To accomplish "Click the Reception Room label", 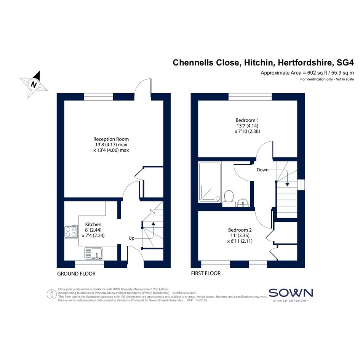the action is pyautogui.click(x=111, y=139).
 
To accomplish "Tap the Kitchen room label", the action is pyautogui.click(x=93, y=224).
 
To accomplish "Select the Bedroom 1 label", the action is pyautogui.click(x=247, y=120).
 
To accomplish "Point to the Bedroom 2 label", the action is pyautogui.click(x=240, y=230).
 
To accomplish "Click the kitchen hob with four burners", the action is pyautogui.click(x=71, y=232).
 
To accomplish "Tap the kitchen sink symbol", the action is pyautogui.click(x=94, y=253).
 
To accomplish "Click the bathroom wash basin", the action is pyautogui.click(x=243, y=203).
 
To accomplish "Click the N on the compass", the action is pyautogui.click(x=34, y=85).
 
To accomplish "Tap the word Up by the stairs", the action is pyautogui.click(x=131, y=238).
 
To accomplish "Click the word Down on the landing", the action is pyautogui.click(x=262, y=170).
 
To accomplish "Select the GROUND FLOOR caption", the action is pyautogui.click(x=76, y=274).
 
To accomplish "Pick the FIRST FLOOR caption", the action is pyautogui.click(x=206, y=273).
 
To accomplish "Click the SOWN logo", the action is pyautogui.click(x=291, y=294).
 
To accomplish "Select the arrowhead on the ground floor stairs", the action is pyautogui.click(x=153, y=223).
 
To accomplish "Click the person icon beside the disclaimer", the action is pyautogui.click(x=52, y=294).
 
